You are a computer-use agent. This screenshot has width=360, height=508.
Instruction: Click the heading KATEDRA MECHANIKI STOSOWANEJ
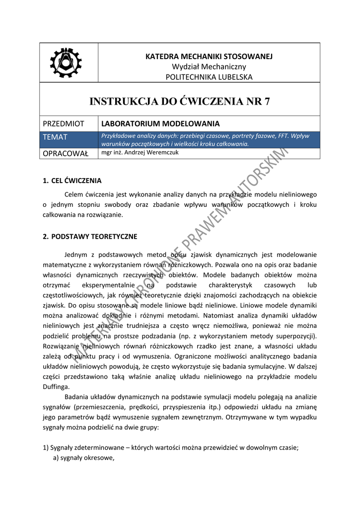pos(209,57)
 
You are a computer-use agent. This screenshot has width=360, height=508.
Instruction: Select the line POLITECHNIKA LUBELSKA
pos(209,77)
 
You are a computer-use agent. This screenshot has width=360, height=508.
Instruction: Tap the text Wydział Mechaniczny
pos(209,66)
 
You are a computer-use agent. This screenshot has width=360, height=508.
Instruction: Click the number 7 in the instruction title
pos(267,102)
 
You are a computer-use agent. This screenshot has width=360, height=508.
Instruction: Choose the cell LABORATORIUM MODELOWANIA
pos(160,124)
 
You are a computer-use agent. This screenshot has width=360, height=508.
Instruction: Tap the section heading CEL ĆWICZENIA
pos(76,181)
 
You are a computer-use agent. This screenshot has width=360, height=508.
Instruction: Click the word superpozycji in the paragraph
pos(295,337)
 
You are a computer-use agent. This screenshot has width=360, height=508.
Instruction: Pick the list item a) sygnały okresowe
pos(84,458)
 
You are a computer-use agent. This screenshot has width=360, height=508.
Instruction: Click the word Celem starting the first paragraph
pos(75,194)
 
